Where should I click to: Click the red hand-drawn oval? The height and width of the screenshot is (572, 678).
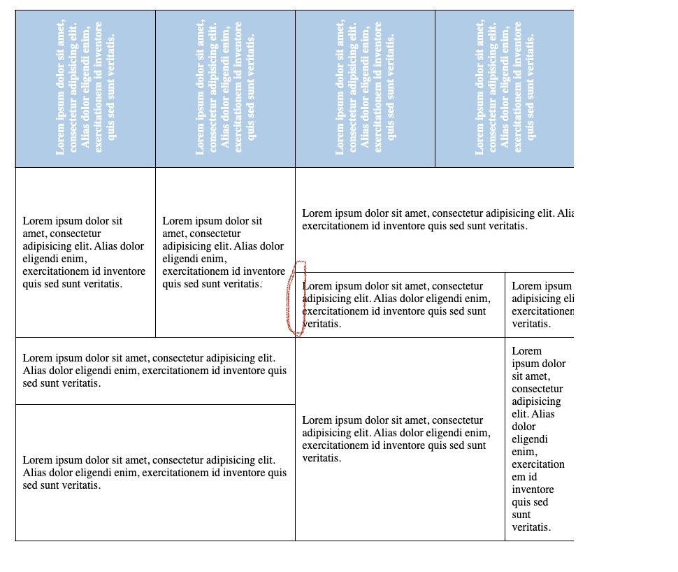click(296, 299)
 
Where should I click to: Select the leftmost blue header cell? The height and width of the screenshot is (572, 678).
click(85, 89)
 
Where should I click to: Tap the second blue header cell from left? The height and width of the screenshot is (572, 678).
click(225, 89)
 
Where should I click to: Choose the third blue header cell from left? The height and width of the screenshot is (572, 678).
click(365, 89)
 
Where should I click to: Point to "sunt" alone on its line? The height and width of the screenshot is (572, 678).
click(521, 515)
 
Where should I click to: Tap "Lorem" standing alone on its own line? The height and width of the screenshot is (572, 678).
click(526, 351)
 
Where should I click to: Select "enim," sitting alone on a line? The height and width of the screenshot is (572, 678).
click(526, 452)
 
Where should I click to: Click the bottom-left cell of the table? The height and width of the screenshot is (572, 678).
click(155, 473)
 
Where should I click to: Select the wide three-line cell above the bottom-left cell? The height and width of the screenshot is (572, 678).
click(155, 371)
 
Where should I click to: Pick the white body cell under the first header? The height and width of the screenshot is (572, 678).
click(85, 252)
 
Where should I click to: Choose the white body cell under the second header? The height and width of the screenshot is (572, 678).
click(225, 252)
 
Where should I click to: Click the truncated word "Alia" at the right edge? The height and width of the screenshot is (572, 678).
click(565, 213)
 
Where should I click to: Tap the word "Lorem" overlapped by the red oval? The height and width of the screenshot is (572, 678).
click(317, 286)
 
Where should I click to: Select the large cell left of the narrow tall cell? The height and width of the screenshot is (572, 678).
click(400, 439)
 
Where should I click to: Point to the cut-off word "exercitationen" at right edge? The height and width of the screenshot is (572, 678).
click(542, 311)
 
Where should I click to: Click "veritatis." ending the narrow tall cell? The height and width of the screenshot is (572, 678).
click(531, 527)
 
